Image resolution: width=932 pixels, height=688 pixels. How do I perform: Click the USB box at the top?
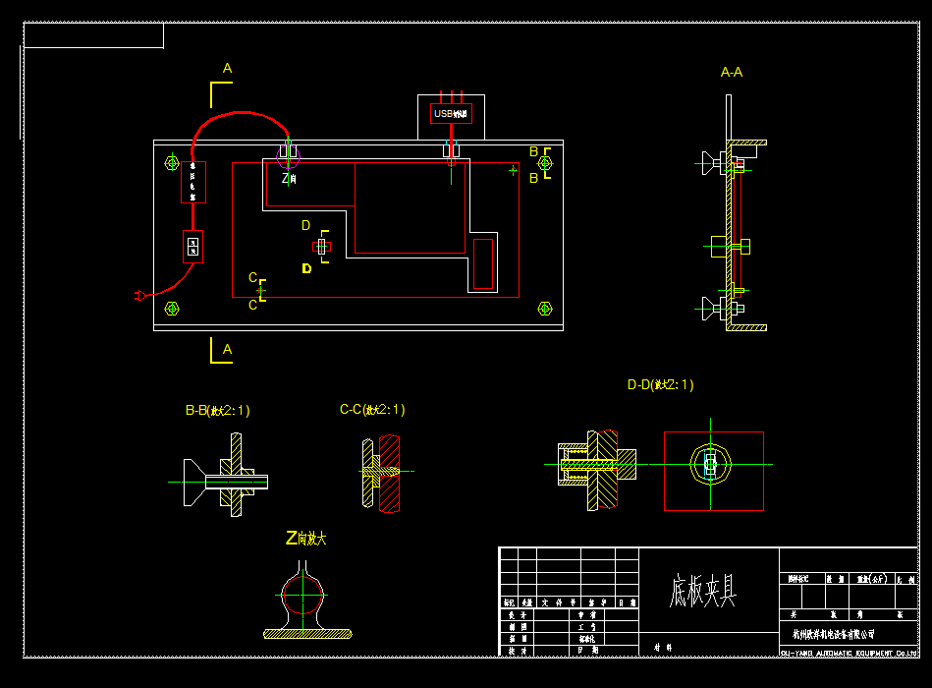(x=451, y=114)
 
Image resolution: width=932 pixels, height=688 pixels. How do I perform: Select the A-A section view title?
(x=731, y=72)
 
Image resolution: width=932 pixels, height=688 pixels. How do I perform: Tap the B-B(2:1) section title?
(x=217, y=411)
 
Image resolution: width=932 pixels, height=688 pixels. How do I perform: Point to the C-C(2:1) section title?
(x=372, y=410)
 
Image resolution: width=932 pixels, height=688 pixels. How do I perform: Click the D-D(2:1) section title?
(x=660, y=385)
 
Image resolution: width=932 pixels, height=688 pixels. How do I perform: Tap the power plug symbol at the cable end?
(x=139, y=295)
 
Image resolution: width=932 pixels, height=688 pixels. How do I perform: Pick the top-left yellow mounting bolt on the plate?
(x=172, y=163)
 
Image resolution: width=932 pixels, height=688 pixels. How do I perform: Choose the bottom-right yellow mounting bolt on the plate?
(x=545, y=309)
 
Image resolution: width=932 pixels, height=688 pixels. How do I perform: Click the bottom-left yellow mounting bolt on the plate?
(x=172, y=309)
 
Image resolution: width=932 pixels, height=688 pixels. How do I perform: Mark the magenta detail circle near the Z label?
(x=288, y=157)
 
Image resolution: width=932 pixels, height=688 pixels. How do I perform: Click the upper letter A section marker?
(x=227, y=69)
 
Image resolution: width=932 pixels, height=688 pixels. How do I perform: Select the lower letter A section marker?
(x=227, y=349)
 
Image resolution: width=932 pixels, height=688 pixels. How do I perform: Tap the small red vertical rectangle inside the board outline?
(x=483, y=263)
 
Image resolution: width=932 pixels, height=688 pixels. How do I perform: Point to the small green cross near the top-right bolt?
(x=513, y=170)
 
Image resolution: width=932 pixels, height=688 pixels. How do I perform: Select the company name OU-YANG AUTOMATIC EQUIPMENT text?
(x=849, y=653)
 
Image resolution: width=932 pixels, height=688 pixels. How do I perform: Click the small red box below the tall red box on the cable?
(x=192, y=246)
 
